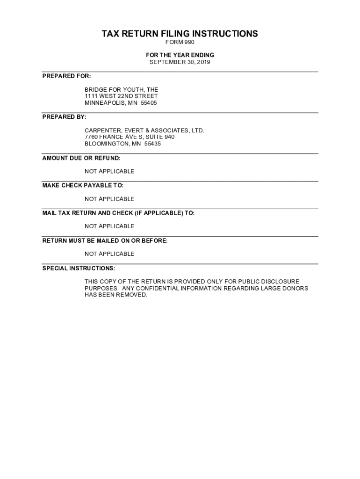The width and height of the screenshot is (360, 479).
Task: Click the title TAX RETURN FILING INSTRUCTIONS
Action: [x=180, y=34]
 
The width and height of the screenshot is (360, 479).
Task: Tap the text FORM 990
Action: [x=180, y=43]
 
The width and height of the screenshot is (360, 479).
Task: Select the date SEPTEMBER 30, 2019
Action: [x=180, y=62]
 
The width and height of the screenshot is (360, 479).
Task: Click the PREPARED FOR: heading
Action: [x=66, y=76]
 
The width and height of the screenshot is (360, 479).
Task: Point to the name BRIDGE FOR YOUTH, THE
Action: [x=121, y=89]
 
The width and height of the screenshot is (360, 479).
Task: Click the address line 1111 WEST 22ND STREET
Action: [x=121, y=96]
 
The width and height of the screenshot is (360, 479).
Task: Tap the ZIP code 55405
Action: [x=149, y=103]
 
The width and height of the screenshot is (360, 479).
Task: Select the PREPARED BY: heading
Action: [x=65, y=116]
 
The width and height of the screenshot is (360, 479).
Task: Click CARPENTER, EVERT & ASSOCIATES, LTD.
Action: [x=144, y=131]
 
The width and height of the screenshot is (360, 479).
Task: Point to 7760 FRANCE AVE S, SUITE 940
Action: [x=130, y=137]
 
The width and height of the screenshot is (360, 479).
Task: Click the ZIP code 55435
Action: [x=152, y=144]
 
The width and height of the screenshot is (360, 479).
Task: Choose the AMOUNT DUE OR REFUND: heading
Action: [x=81, y=158]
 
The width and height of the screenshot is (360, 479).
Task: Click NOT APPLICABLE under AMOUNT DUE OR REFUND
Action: [x=109, y=171]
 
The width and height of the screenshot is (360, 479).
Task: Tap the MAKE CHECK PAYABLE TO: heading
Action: [x=83, y=186]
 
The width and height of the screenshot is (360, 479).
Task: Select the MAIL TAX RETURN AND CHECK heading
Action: [x=118, y=213]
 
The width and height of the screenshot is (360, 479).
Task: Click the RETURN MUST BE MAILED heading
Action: [x=105, y=241]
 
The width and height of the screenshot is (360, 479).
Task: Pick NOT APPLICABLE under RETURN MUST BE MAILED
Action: [x=109, y=254]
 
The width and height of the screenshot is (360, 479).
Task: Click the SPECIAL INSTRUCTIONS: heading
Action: [x=79, y=269]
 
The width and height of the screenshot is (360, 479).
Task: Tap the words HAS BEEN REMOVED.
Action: [x=115, y=295]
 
